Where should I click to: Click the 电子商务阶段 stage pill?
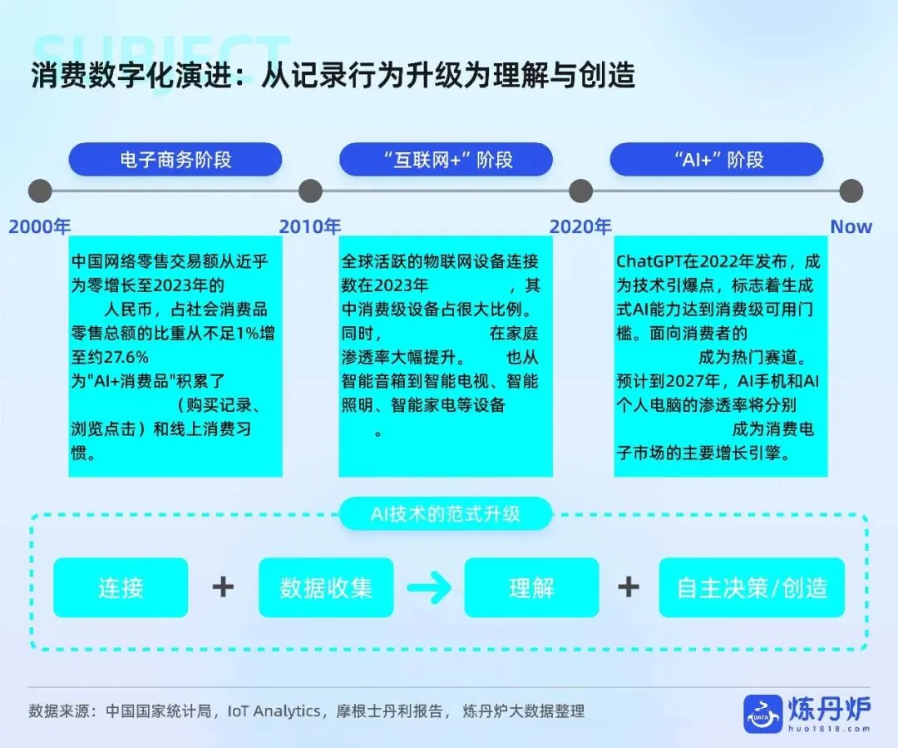tap(175, 159)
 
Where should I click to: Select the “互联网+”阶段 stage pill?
tap(446, 159)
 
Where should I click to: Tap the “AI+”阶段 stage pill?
tap(717, 159)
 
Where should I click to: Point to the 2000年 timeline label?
tap(39, 226)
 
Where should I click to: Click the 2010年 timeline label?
tap(310, 226)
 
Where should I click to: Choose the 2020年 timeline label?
tap(580, 226)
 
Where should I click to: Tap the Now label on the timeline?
tap(851, 226)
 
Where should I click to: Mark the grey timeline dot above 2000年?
tap(40, 191)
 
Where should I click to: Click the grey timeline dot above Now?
tap(851, 191)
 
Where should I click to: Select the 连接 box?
tap(121, 587)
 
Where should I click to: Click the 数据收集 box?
tap(326, 587)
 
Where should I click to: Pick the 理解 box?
tap(531, 587)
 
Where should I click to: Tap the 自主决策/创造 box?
tap(752, 587)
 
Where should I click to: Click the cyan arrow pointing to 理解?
tap(429, 588)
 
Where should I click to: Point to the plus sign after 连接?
tap(223, 587)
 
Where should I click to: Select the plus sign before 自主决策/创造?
tap(629, 587)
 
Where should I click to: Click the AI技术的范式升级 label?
tap(446, 513)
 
